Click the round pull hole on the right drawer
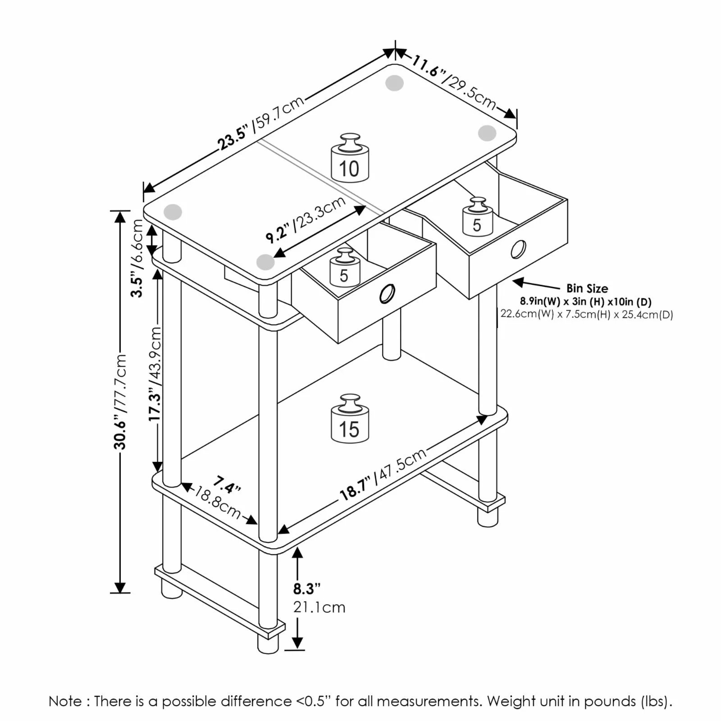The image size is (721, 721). click(x=518, y=249)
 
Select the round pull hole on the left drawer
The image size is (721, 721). click(x=387, y=294)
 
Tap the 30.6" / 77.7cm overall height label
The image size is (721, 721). click(x=120, y=402)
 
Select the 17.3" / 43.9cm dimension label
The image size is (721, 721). click(x=155, y=374)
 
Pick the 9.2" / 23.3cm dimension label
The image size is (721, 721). click(x=306, y=219)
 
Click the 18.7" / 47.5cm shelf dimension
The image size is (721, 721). click(x=383, y=474)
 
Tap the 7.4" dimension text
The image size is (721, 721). click(x=226, y=484)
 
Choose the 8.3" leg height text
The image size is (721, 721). click(x=306, y=588)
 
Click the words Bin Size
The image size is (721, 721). click(x=587, y=288)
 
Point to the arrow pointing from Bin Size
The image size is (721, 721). click(x=536, y=285)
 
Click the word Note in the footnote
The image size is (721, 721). click(x=65, y=701)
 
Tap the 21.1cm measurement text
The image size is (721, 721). click(x=319, y=607)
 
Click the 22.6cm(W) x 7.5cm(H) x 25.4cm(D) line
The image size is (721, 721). click(x=587, y=314)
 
